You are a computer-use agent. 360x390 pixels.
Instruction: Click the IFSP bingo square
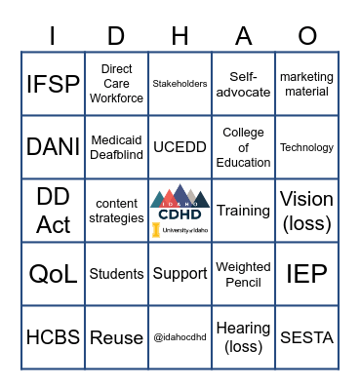(x=53, y=84)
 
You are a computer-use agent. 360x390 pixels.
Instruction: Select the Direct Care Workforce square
(x=116, y=84)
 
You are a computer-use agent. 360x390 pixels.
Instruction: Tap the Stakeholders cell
(x=180, y=84)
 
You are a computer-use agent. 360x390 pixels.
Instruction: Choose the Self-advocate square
(x=243, y=84)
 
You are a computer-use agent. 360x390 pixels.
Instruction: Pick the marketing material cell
(x=306, y=84)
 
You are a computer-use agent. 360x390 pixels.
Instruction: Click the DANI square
(x=53, y=147)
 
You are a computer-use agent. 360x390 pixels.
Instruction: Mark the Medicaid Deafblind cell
(x=116, y=147)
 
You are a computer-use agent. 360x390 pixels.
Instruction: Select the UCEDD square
(x=180, y=147)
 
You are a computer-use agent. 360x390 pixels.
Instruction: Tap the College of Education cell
(x=243, y=147)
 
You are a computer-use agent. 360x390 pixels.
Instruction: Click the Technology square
(x=306, y=147)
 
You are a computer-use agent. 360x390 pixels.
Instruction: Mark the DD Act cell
(x=53, y=211)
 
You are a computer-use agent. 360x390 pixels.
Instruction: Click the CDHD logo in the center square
(x=180, y=211)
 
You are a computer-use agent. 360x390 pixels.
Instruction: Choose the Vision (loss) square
(x=306, y=211)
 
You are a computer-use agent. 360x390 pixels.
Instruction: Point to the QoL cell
(x=53, y=274)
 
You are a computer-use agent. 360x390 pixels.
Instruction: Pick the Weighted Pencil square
(x=243, y=274)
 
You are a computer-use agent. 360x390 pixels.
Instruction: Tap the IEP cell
(x=306, y=274)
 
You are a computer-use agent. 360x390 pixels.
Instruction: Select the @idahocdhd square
(x=180, y=337)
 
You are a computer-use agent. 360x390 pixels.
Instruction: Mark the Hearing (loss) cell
(x=243, y=337)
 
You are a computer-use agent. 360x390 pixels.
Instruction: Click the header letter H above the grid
(x=180, y=36)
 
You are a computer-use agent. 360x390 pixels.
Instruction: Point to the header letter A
(x=243, y=36)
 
